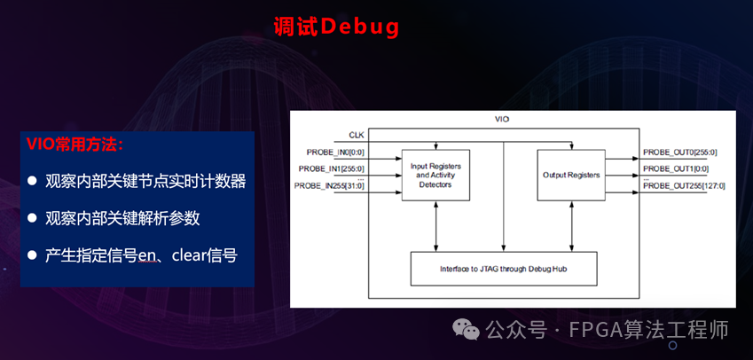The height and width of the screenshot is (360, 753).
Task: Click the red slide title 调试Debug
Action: pyautogui.click(x=336, y=27)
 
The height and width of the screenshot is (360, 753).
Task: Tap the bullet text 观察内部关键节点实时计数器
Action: pyautogui.click(x=145, y=181)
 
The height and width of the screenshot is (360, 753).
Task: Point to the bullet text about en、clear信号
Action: pyautogui.click(x=141, y=254)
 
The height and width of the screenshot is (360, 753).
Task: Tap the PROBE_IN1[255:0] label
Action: pyautogui.click(x=330, y=168)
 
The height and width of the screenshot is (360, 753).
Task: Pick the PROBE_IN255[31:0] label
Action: pyautogui.click(x=330, y=184)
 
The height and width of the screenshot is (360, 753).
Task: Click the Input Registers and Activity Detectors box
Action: pyautogui.click(x=435, y=175)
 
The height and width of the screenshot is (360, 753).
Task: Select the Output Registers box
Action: pyautogui.click(x=571, y=175)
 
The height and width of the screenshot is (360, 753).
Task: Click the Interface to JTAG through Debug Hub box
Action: pyautogui.click(x=504, y=268)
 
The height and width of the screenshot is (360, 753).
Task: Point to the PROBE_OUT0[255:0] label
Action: pyautogui.click(x=679, y=153)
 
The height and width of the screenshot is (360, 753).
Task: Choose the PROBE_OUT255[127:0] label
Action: pyautogui.click(x=683, y=184)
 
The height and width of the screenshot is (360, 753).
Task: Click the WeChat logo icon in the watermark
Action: pyautogui.click(x=467, y=330)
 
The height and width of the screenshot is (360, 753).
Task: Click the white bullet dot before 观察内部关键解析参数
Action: pyautogui.click(x=32, y=217)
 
